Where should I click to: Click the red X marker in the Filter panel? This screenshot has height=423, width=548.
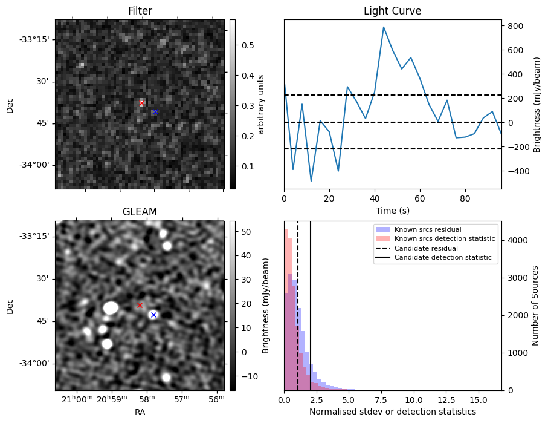pyautogui.click(x=141, y=103)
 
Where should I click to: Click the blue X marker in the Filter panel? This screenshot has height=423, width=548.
pyautogui.click(x=155, y=112)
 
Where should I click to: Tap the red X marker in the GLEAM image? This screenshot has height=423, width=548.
pyautogui.click(x=140, y=306)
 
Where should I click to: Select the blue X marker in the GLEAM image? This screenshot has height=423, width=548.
pyautogui.click(x=153, y=315)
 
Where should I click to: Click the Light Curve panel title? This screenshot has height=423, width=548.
pyautogui.click(x=393, y=11)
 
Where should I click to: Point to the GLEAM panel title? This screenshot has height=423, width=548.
pyautogui.click(x=140, y=212)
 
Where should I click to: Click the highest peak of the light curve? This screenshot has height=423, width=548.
pyautogui.click(x=384, y=27)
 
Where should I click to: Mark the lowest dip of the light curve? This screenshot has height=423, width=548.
pyautogui.click(x=311, y=181)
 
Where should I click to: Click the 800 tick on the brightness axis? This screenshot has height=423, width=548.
pyautogui.click(x=516, y=26)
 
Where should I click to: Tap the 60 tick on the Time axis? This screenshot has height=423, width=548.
pyautogui.click(x=420, y=198)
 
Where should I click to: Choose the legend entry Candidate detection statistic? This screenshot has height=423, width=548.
pyautogui.click(x=433, y=257)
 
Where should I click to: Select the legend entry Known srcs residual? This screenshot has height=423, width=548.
pyautogui.click(x=419, y=229)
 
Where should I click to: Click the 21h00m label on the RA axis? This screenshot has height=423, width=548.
pyautogui.click(x=77, y=399)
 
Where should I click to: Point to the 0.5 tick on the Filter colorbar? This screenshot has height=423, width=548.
pyautogui.click(x=248, y=45)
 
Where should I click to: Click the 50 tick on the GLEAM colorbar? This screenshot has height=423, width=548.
pyautogui.click(x=246, y=232)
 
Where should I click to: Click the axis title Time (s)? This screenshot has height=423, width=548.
pyautogui.click(x=393, y=211)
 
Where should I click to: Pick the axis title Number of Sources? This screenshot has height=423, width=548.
pyautogui.click(x=535, y=306)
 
